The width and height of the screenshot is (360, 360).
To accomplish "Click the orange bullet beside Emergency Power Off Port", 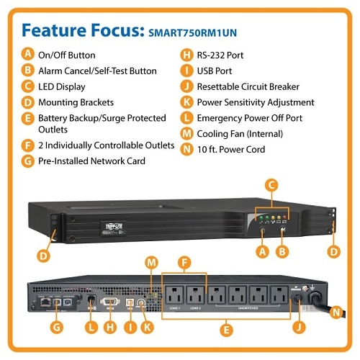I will (187, 118).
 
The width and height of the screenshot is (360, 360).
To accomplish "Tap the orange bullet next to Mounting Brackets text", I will (27, 102).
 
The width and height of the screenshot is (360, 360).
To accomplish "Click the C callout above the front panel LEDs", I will (271, 186).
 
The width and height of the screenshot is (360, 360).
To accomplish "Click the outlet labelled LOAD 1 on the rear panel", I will (174, 292).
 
